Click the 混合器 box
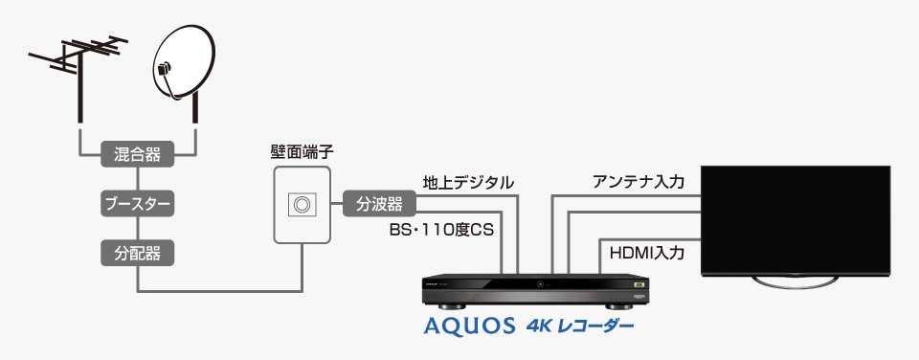pyautogui.click(x=137, y=152)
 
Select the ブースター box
pyautogui.click(x=137, y=203)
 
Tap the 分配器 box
pyautogui.click(x=137, y=253)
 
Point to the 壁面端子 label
pyautogui.click(x=303, y=151)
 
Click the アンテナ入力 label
pyautogui.click(x=639, y=182)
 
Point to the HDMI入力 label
pyautogui.click(x=647, y=254)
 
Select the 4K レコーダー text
pyautogui.click(x=579, y=326)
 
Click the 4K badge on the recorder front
pyautogui.click(x=639, y=283)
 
